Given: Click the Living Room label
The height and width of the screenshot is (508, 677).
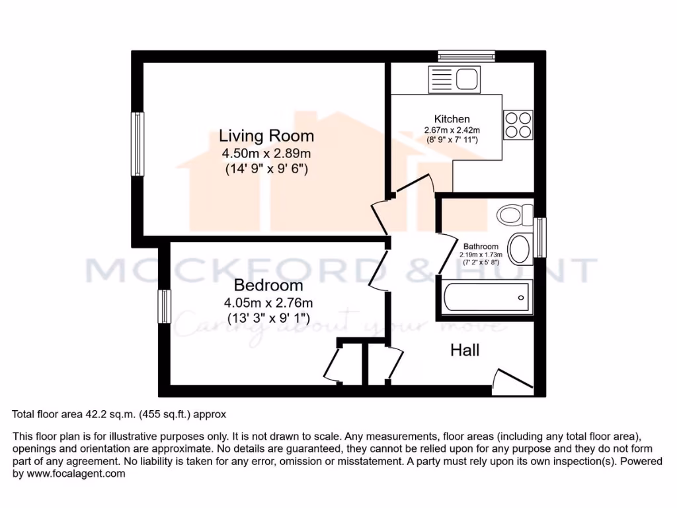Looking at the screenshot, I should [x=266, y=136].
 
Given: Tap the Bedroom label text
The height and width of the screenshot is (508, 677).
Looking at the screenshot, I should [x=268, y=286].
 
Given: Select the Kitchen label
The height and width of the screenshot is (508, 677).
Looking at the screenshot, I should [x=452, y=119].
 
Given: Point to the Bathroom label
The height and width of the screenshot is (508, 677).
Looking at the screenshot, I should [x=481, y=246].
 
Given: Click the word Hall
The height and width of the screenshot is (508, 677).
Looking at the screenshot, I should [x=465, y=350].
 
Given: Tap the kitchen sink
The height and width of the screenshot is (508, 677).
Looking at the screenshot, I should [x=455, y=80].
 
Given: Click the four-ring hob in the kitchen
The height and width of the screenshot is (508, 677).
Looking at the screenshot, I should [x=518, y=124].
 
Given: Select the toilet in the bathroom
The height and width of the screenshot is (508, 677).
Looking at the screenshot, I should [x=515, y=214].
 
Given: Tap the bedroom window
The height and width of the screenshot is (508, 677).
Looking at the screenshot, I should [x=164, y=306].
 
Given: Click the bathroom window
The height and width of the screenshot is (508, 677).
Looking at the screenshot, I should [x=541, y=237].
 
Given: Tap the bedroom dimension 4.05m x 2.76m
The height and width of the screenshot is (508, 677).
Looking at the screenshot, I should [x=268, y=303].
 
